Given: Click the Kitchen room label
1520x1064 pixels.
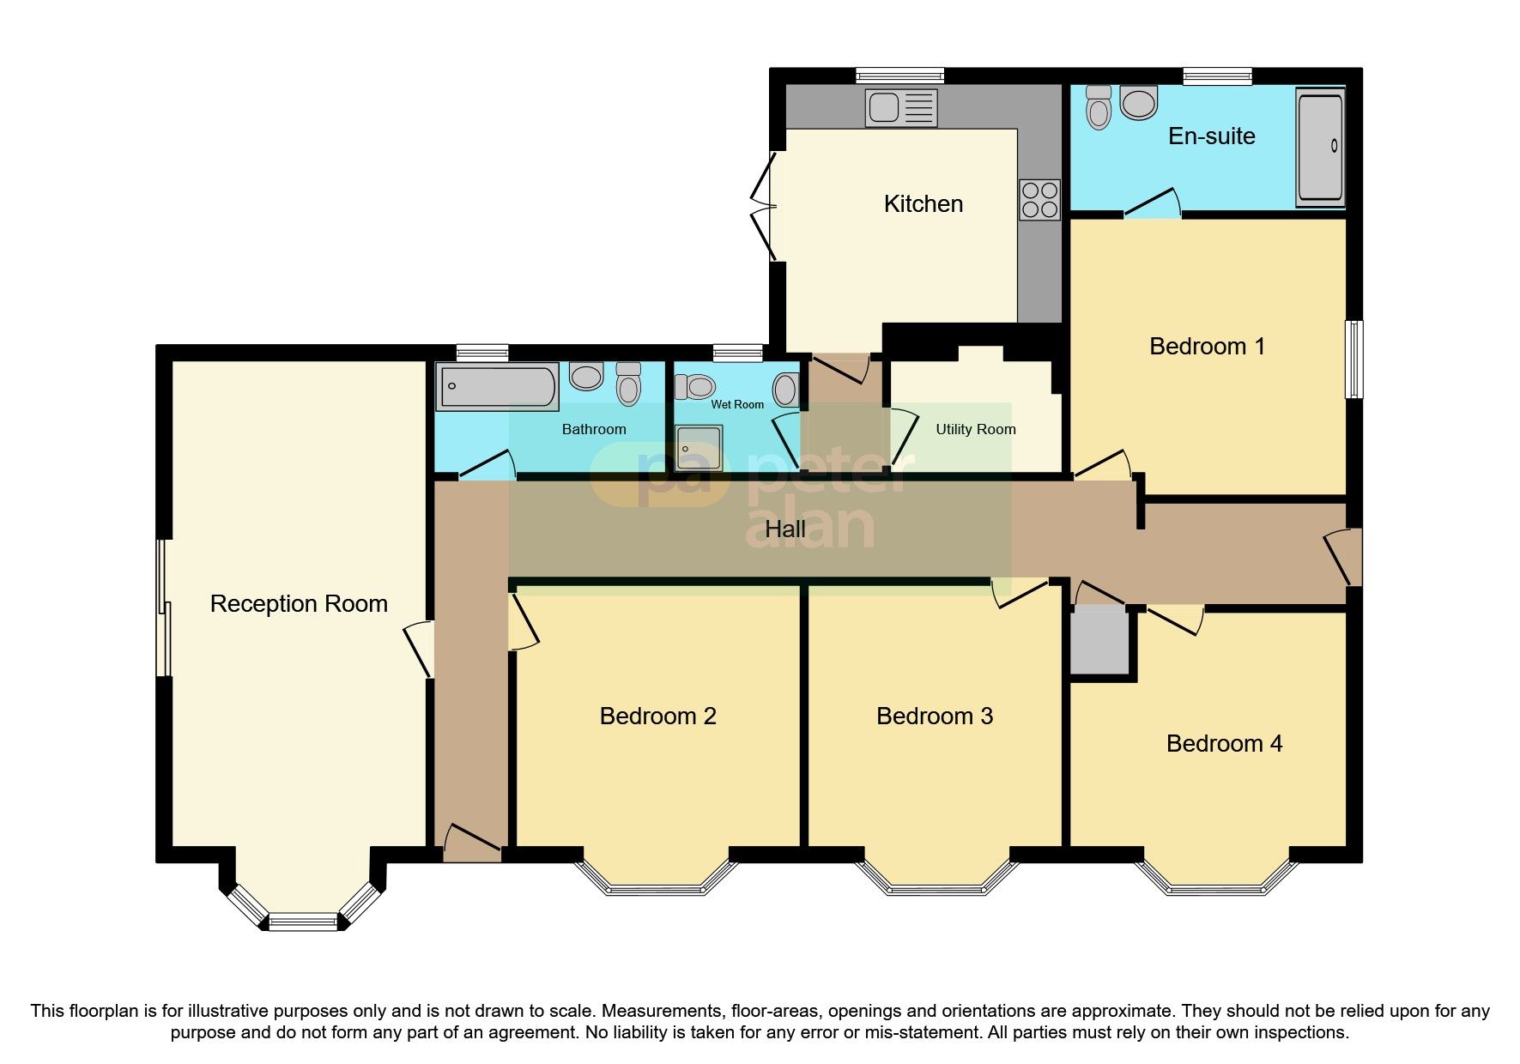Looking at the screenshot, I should point(924,204).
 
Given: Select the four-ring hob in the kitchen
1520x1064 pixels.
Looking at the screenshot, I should point(1039,200).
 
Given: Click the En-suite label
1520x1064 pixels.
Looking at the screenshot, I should point(1211,136).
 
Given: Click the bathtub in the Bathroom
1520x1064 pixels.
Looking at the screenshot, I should point(497,386).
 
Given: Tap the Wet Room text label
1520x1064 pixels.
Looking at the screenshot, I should point(736,404).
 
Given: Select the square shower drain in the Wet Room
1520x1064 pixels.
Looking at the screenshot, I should point(698,448).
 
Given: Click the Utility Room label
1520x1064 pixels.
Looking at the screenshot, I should point(975,429).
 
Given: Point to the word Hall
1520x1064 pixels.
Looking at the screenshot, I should point(784,529).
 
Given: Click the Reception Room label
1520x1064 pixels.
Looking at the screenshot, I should point(299,604).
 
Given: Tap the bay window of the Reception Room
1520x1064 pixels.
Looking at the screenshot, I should point(304,922).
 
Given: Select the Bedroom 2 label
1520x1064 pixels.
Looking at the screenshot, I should point(657,716).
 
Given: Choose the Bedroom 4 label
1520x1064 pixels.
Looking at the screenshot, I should point(1224,744).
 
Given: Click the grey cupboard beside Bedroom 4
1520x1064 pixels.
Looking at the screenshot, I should point(1099,642).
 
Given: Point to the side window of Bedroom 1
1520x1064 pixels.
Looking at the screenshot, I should point(1353,359).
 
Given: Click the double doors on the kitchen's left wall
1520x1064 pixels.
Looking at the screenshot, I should point(763,206).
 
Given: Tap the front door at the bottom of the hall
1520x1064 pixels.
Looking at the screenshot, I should point(471,845).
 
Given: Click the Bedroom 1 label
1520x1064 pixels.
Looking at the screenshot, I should point(1207,347).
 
